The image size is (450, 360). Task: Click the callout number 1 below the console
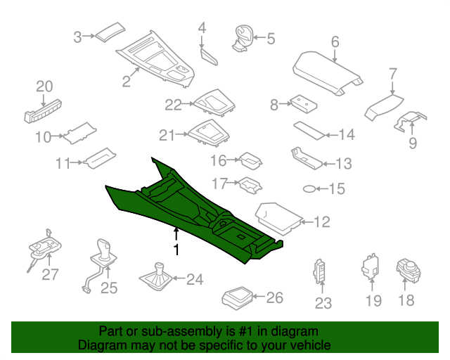click(176, 250)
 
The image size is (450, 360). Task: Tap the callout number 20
click(44, 86)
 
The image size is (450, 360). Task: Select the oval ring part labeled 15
click(309, 189)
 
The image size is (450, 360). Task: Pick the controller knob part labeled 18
click(409, 271)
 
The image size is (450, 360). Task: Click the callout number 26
click(275, 297)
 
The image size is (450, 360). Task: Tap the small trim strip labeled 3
click(110, 32)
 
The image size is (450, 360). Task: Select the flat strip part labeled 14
click(309, 131)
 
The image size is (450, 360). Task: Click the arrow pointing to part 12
click(307, 222)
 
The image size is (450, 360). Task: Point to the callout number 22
click(174, 105)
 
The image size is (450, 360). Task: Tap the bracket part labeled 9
click(411, 122)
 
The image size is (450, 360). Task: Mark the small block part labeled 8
click(304, 105)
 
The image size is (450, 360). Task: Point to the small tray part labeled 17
click(250, 185)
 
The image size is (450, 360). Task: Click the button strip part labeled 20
click(43, 111)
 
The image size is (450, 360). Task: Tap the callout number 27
click(50, 274)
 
